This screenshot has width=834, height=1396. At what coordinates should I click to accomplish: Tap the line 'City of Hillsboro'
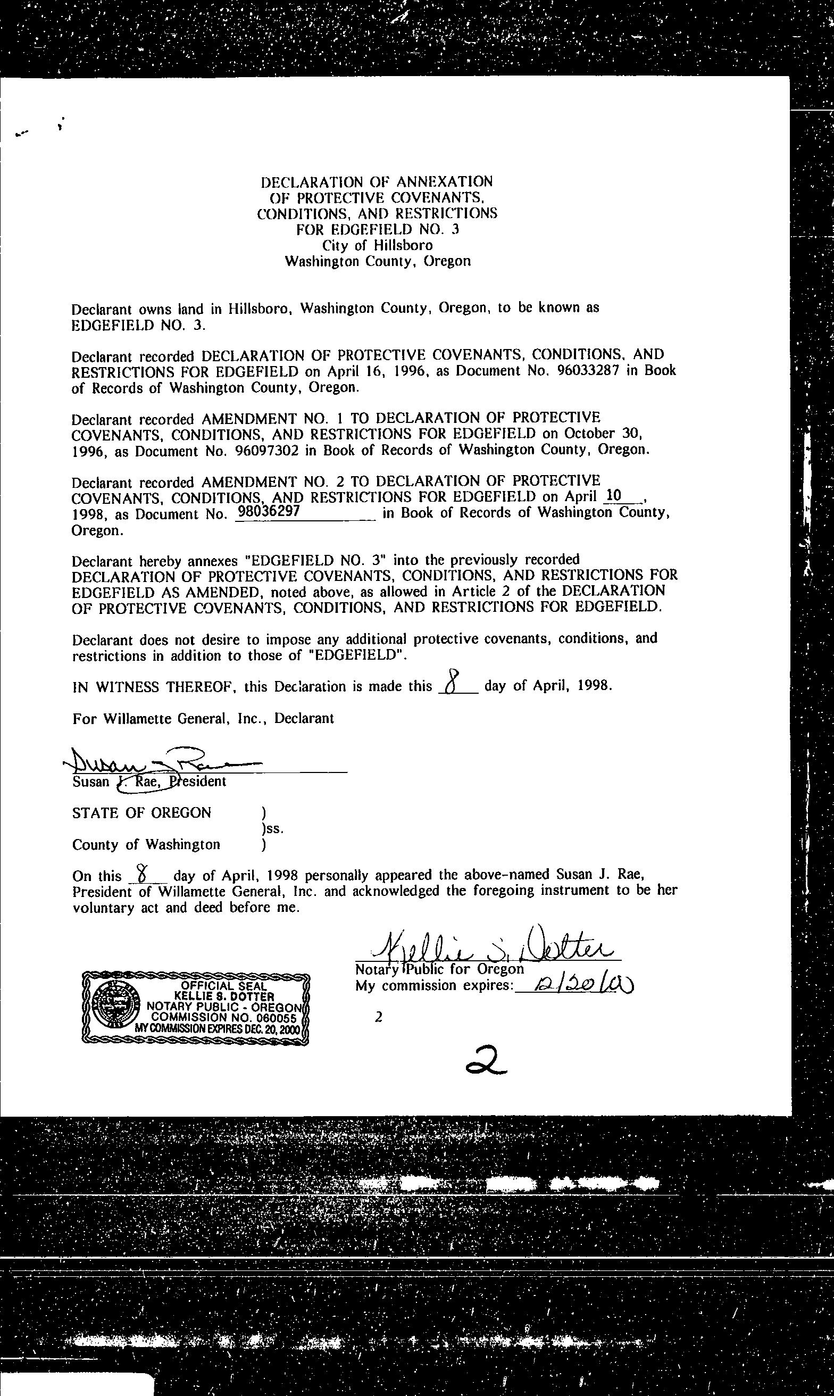pos(377,245)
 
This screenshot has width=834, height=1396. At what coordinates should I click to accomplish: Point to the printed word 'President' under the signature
pos(198,782)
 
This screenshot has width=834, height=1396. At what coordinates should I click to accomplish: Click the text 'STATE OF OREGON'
pos(141,812)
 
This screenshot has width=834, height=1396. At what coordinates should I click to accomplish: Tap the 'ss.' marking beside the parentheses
pos(271,828)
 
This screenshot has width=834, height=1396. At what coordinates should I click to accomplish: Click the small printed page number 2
pos(378,1017)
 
